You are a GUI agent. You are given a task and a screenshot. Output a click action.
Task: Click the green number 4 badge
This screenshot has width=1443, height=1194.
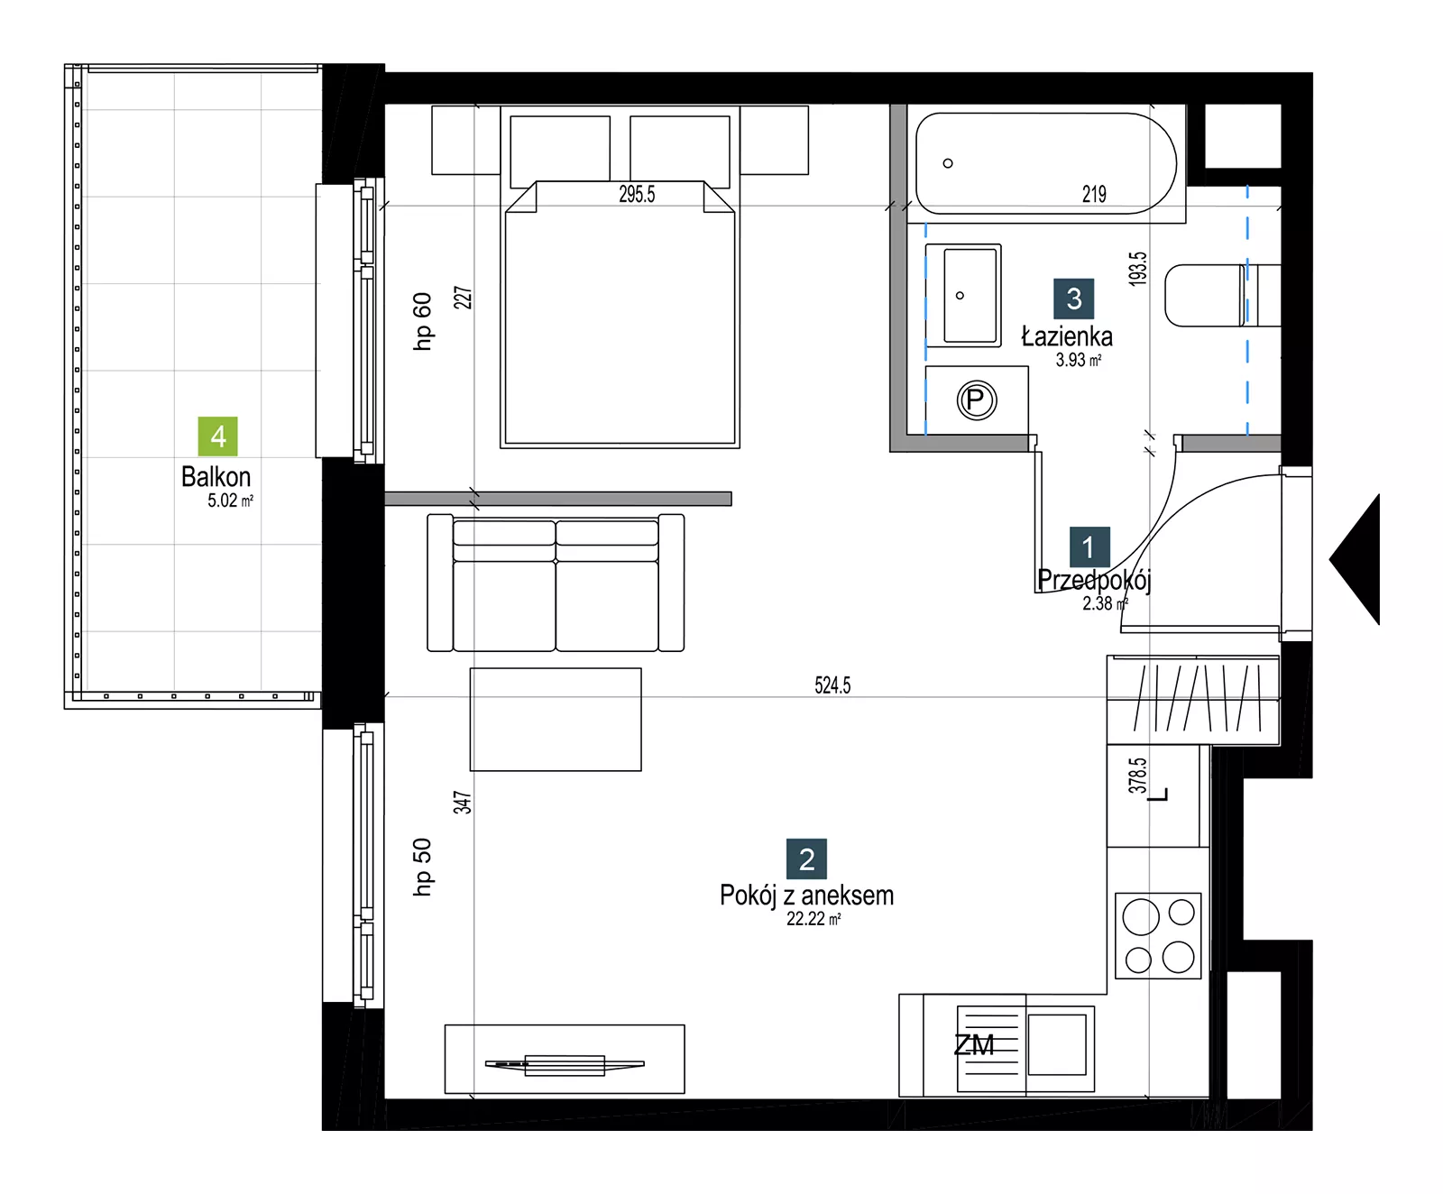[x=218, y=436]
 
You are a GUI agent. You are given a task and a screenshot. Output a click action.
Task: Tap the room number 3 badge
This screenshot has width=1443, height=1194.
[x=1074, y=298]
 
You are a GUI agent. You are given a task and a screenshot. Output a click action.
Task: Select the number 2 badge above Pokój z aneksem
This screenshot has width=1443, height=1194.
[x=807, y=859]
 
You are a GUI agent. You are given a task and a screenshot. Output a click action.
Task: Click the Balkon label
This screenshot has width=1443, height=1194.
[x=216, y=476]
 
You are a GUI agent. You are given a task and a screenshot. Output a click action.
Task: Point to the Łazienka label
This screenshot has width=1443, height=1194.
[x=1067, y=337]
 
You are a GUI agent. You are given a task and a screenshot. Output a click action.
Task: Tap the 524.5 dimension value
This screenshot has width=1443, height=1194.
[x=832, y=685]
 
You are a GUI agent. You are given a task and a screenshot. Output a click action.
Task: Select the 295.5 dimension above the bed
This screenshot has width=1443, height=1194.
[x=637, y=194]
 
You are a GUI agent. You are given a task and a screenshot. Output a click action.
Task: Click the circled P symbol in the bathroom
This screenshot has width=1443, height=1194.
[x=976, y=400]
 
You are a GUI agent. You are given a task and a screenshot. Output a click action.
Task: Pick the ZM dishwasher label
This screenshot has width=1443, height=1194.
[x=974, y=1045]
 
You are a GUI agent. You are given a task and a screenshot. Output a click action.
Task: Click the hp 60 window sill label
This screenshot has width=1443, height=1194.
[x=422, y=321]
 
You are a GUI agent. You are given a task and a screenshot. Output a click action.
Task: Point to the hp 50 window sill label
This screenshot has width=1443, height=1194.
[x=422, y=867]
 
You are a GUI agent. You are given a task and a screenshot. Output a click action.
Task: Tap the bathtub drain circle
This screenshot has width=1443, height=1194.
[x=948, y=163]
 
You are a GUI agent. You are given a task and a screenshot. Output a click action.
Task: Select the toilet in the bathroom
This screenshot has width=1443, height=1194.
[x=1222, y=295]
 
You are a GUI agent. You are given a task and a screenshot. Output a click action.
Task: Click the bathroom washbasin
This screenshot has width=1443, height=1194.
[x=963, y=295]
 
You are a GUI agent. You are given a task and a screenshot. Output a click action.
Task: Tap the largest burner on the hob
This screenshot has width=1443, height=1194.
[x=1141, y=917]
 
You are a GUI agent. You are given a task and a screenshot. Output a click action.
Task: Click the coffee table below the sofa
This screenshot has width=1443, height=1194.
[x=556, y=720]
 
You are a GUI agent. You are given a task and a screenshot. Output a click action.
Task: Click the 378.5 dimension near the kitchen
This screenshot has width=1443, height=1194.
[x=1138, y=776]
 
